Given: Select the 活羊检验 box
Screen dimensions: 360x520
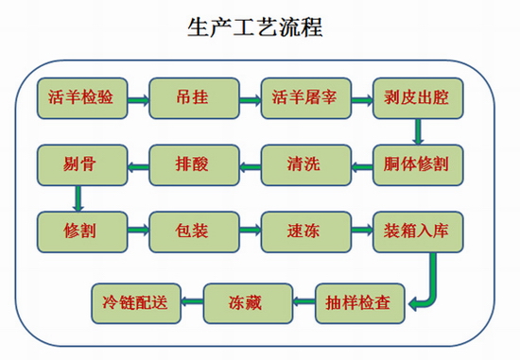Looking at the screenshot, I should [82, 96].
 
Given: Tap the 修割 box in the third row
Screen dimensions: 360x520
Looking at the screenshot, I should [82, 230].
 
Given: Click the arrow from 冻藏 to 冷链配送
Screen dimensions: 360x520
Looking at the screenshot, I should [191, 303].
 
